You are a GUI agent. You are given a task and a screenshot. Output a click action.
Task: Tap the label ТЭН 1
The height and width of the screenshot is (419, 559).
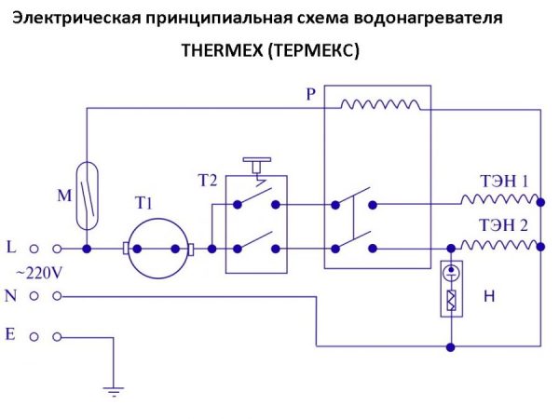[x=503, y=182]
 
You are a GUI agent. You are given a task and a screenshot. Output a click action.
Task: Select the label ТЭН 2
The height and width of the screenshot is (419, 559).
[x=503, y=224]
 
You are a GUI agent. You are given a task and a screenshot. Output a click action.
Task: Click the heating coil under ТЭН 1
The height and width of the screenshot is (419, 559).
[x=498, y=200]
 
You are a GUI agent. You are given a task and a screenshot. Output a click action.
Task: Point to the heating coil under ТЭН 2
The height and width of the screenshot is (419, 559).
[x=498, y=245]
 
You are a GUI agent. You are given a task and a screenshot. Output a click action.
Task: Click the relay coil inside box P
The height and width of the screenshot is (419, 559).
[x=378, y=104]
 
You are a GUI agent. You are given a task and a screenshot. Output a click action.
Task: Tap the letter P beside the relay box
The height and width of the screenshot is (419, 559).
[x=311, y=94]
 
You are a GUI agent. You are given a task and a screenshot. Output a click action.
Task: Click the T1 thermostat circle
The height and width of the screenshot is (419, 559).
[x=157, y=250]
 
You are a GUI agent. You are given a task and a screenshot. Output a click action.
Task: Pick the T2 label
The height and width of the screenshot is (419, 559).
[x=208, y=178]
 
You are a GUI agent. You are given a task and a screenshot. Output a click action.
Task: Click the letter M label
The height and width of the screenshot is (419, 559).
[x=64, y=196]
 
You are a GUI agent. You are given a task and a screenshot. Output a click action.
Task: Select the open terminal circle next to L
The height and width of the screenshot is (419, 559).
[x=35, y=250]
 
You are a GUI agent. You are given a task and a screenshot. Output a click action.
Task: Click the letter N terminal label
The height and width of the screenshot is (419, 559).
[x=11, y=295]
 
